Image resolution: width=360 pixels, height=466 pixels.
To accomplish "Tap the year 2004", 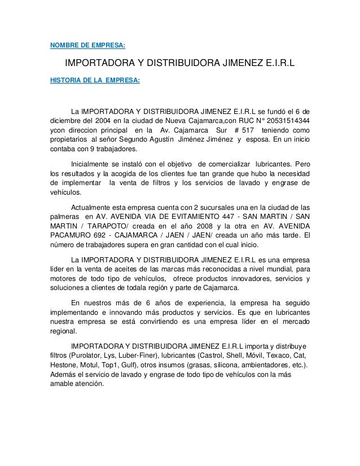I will [112, 120].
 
